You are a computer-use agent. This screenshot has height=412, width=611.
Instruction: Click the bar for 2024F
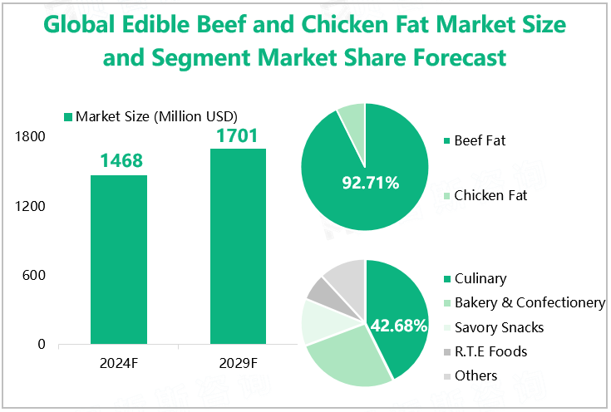coord(119,259)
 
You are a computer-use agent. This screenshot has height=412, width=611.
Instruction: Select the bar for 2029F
coord(238,246)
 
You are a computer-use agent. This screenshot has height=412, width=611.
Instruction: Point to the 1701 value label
coord(237,135)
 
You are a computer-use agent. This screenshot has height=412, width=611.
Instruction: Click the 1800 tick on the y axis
coord(30,137)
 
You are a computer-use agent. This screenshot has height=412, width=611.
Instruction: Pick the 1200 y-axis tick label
coord(30,206)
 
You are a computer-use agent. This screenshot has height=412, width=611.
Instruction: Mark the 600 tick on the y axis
coord(34,275)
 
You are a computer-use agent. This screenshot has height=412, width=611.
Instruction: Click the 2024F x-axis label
coord(120,363)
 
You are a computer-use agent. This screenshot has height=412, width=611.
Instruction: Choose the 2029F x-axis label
coord(239,363)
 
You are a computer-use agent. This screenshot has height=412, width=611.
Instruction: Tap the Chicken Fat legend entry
coord(490,196)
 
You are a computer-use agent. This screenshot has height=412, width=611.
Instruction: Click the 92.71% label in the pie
coord(371,182)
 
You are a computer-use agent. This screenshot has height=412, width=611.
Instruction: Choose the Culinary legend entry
coord(480,279)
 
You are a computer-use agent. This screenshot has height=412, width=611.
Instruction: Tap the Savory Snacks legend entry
coord(498,326)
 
